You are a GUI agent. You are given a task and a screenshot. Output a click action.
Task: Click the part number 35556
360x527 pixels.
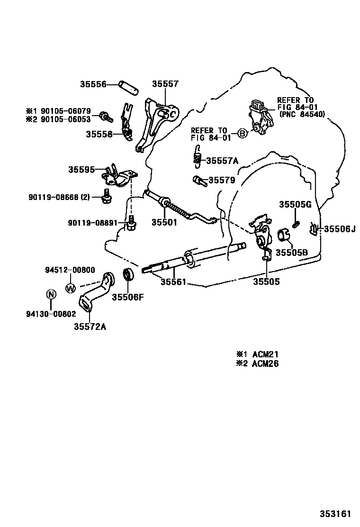92,84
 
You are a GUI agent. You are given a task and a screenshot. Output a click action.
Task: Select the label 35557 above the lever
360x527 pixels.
165,84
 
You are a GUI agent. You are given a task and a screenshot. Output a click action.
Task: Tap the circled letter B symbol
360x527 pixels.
242,134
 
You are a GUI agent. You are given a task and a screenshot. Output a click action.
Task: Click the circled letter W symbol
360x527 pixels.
70,287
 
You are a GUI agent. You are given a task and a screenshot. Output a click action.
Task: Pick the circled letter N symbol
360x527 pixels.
51,294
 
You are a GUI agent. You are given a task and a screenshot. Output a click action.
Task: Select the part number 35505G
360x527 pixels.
295,204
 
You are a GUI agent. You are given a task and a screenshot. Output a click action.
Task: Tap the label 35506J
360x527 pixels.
340,229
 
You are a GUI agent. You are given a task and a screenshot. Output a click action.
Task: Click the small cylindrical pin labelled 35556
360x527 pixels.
128,88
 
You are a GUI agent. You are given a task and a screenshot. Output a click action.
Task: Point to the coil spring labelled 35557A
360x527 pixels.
197,157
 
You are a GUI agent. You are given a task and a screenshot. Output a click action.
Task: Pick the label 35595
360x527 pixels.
81,169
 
